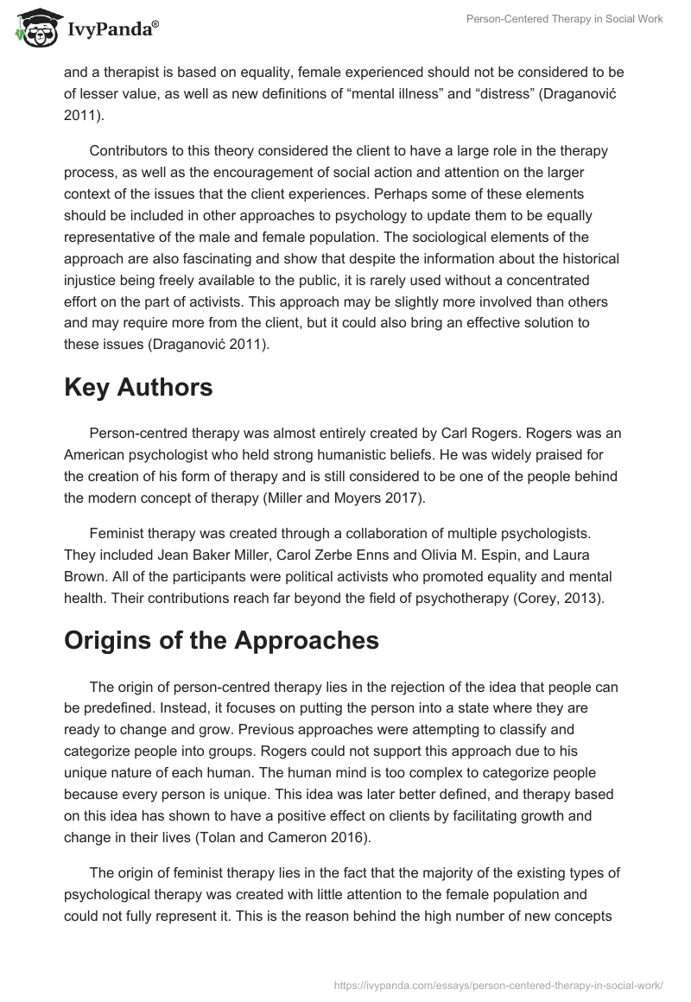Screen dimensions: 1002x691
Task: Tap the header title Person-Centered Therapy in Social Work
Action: pyautogui.click(x=564, y=19)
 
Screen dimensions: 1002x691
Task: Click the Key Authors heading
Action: pyautogui.click(x=138, y=387)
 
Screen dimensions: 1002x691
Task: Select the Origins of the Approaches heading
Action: pyautogui.click(x=221, y=640)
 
